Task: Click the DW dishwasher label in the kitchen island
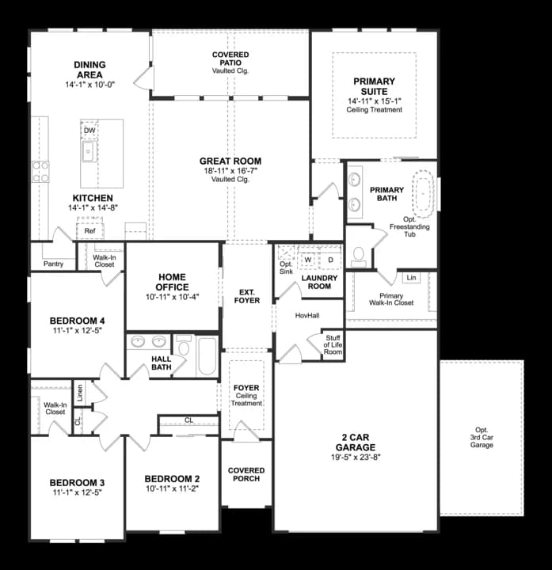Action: [x=89, y=131]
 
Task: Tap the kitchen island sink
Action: [x=89, y=151]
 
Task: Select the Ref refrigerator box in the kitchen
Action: [x=89, y=231]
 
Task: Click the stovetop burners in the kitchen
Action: [x=40, y=172]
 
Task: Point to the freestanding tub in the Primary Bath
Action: [x=423, y=191]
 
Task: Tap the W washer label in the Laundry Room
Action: [x=308, y=260]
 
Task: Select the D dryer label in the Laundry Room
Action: [x=330, y=260]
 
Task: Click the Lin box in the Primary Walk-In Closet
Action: [x=411, y=277]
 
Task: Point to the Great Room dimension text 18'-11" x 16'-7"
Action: [x=230, y=170]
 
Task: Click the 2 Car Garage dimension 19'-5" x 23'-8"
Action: [x=356, y=457]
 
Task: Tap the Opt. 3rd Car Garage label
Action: [x=482, y=437]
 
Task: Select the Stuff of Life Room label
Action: [x=333, y=345]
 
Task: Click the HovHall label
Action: [x=307, y=316]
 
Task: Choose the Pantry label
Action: [x=53, y=264]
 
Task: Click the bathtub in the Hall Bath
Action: [x=207, y=356]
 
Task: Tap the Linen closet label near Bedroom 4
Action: [x=80, y=393]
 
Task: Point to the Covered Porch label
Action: [x=246, y=474]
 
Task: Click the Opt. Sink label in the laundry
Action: [x=286, y=268]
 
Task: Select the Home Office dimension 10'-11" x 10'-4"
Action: [x=173, y=297]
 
